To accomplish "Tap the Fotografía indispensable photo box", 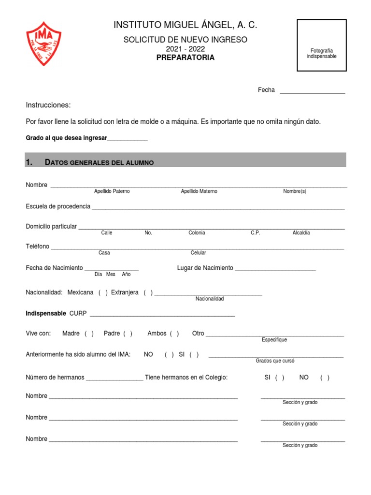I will point(321,45).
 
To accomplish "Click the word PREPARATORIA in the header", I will point(185,58).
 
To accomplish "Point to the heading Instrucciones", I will point(48,105).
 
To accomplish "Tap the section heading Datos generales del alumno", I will point(99,162).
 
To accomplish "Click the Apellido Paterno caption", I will point(112,191).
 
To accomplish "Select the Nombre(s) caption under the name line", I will point(295,191).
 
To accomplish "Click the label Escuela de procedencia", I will point(58,206).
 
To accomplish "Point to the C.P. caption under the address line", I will point(256,233).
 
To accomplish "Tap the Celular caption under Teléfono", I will point(198,253).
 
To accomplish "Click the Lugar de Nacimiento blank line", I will point(275,269).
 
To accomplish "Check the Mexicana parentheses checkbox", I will point(103,292).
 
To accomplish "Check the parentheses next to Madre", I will point(89,334).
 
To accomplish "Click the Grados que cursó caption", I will point(275,361).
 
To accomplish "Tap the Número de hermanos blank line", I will point(114,379).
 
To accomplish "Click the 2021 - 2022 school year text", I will point(185,49).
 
